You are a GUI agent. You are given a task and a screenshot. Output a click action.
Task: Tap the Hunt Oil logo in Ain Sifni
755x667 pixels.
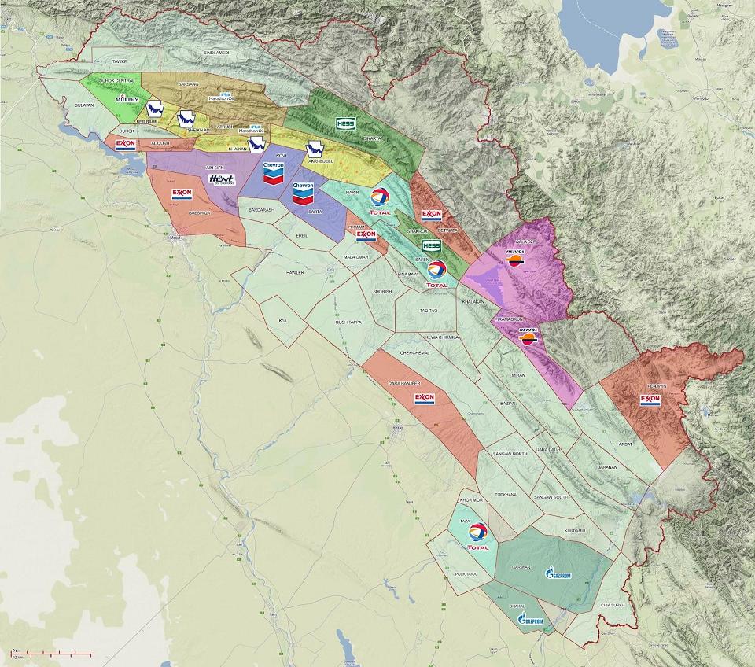tap(223, 180)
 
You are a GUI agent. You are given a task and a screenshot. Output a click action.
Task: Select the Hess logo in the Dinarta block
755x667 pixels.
tap(345, 123)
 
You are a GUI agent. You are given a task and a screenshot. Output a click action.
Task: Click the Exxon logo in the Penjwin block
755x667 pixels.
tap(650, 399)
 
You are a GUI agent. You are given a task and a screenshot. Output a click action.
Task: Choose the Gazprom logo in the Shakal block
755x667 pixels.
tap(531, 619)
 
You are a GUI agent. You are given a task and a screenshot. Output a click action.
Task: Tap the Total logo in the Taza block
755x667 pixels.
tap(477, 536)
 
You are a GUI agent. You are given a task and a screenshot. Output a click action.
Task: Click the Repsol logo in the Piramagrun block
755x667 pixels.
tap(528, 336)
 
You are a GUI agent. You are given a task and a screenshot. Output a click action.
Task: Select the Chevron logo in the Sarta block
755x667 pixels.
tap(303, 193)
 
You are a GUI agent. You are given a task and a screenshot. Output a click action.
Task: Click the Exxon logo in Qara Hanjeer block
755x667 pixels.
tap(424, 399)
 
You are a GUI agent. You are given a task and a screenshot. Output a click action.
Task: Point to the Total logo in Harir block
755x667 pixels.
tap(380, 201)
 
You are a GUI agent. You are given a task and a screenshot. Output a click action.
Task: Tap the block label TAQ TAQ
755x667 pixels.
tap(428, 311)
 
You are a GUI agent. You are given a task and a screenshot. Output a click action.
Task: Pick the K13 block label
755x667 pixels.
tap(284, 321)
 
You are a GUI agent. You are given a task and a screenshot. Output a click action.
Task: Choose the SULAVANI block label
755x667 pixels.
tap(84, 105)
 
